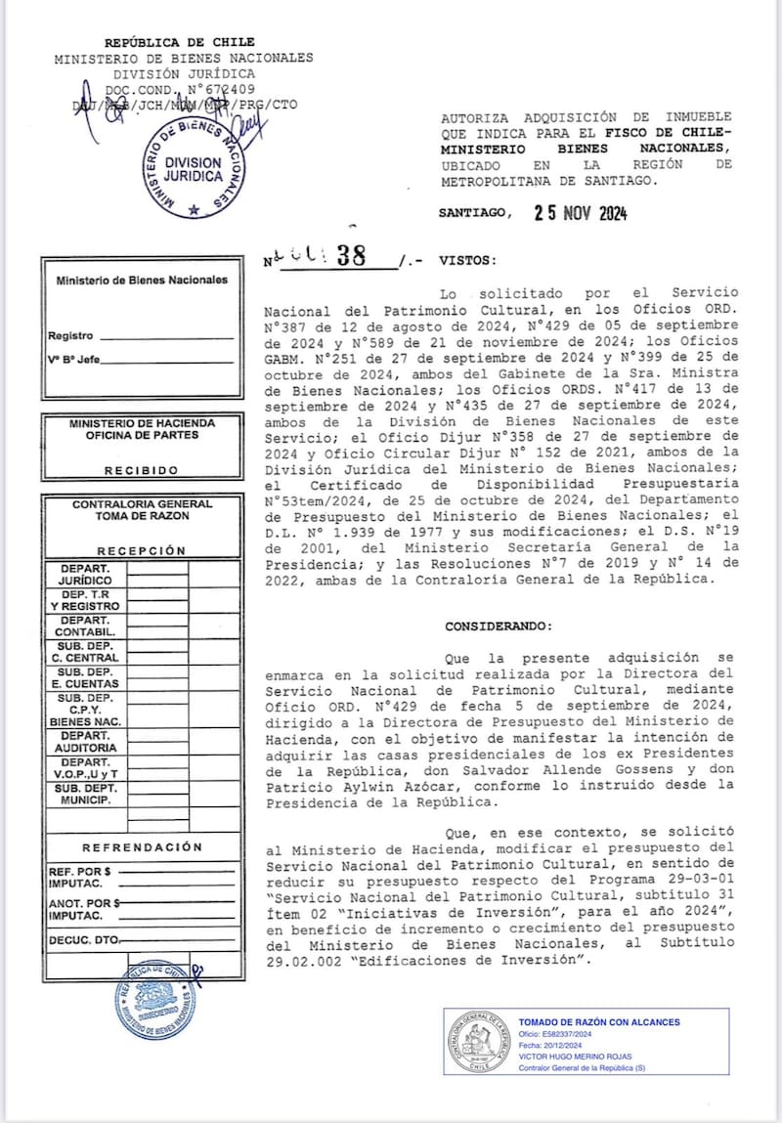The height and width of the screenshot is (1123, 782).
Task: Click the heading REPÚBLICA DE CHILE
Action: pyautogui.click(x=180, y=42)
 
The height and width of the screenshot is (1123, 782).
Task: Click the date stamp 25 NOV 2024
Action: pyautogui.click(x=581, y=214)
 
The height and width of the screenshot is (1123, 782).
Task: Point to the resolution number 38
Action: pyautogui.click(x=349, y=256)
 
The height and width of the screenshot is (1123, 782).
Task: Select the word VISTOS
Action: pyautogui.click(x=468, y=261)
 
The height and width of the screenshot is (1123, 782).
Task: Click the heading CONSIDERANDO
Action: pyautogui.click(x=498, y=626)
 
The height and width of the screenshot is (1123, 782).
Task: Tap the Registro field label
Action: pyautogui.click(x=70, y=336)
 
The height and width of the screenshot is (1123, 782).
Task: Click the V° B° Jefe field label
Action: pyautogui.click(x=73, y=360)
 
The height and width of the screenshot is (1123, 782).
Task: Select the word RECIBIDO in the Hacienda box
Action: pyautogui.click(x=142, y=471)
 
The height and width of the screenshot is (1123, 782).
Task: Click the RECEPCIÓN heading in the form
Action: pyautogui.click(x=141, y=551)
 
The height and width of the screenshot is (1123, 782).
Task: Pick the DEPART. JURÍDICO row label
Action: pyautogui.click(x=85, y=574)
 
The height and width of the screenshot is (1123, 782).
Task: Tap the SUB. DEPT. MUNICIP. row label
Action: pyautogui.click(x=85, y=794)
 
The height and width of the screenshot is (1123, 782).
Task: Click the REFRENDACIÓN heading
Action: pyautogui.click(x=142, y=847)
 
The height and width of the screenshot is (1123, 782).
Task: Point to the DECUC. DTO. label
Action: pyautogui.click(x=82, y=941)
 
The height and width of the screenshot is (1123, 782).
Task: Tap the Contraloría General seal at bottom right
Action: pyautogui.click(x=479, y=1041)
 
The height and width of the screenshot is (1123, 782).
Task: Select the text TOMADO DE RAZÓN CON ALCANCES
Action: pyautogui.click(x=598, y=1022)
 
